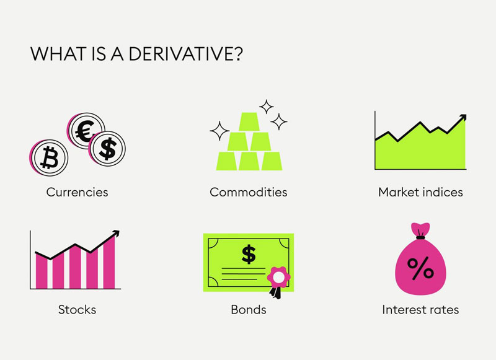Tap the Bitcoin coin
coord(50,158)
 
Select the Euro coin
coord(86,131)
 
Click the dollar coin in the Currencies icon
coord(107,148)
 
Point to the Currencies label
coord(77,192)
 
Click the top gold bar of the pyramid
coord(249,121)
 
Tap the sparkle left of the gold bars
coord(219,131)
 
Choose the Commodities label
coord(249,192)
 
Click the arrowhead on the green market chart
coord(463,118)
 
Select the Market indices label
coord(420,192)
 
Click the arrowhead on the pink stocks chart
coord(116,234)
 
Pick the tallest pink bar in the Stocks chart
coord(109,262)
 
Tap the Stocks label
coord(77,309)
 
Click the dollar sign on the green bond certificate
coord(249,254)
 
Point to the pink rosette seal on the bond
coord(278,277)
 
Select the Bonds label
coord(249,309)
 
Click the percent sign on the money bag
coord(420,268)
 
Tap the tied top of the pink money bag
coord(420,230)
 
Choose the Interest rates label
coord(420,309)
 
